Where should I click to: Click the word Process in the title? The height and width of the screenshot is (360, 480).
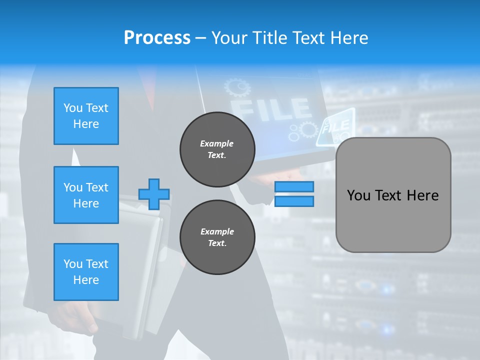point(157,37)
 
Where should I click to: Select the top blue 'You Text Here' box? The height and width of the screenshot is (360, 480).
point(86,116)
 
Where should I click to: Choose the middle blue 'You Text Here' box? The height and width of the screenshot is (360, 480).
point(86,195)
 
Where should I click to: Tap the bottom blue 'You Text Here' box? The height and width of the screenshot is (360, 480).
point(86,271)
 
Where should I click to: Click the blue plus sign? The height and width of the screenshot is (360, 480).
point(154,194)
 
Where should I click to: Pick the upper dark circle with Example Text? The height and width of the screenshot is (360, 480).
point(217,149)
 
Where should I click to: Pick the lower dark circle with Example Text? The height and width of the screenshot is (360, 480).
point(217,237)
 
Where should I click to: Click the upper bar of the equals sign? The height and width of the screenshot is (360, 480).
point(294,187)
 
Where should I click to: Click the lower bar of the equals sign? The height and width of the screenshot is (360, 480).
point(294,201)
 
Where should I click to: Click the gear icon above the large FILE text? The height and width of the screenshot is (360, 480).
point(237,87)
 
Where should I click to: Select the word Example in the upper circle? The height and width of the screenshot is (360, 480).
point(217,143)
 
